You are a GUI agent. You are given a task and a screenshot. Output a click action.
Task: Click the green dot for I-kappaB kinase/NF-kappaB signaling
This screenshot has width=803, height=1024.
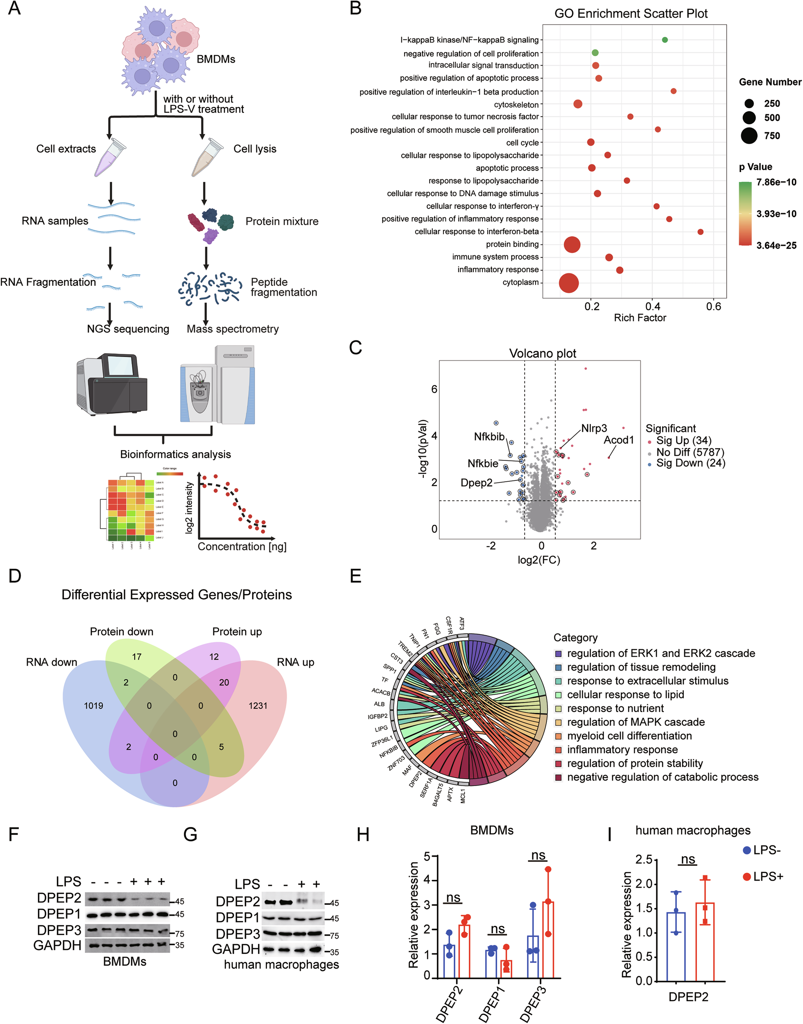[664, 40]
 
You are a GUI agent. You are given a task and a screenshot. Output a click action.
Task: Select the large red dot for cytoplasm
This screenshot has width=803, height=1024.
[569, 283]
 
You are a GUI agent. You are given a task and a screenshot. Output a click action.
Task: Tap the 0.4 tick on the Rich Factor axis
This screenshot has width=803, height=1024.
[653, 306]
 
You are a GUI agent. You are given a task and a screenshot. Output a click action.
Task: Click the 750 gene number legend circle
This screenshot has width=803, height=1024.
[749, 136]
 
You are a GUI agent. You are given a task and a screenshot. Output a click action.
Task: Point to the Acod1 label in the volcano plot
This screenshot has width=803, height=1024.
[619, 440]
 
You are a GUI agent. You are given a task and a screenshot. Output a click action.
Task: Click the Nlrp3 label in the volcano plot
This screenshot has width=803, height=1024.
[594, 428]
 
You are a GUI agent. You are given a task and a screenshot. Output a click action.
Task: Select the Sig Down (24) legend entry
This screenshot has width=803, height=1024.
[690, 463]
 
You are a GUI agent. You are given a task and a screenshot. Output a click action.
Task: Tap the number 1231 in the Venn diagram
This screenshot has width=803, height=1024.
[258, 706]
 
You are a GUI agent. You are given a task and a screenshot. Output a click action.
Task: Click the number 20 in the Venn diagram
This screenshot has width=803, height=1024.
[224, 682]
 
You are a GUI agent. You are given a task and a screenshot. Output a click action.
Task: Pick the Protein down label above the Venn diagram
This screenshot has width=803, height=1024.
[121, 632]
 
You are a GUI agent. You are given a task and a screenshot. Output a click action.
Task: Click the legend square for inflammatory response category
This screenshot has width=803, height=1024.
[559, 750]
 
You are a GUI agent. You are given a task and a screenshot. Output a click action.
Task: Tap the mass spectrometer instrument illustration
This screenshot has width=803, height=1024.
[217, 385]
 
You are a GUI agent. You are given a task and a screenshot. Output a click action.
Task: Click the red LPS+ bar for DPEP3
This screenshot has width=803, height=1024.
[548, 940]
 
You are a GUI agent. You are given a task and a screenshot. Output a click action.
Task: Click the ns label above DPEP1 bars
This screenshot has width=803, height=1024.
[498, 929]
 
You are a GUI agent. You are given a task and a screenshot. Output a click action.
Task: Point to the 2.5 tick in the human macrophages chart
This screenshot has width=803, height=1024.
[643, 860]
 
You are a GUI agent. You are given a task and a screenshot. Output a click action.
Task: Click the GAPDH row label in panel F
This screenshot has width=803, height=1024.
[57, 945]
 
